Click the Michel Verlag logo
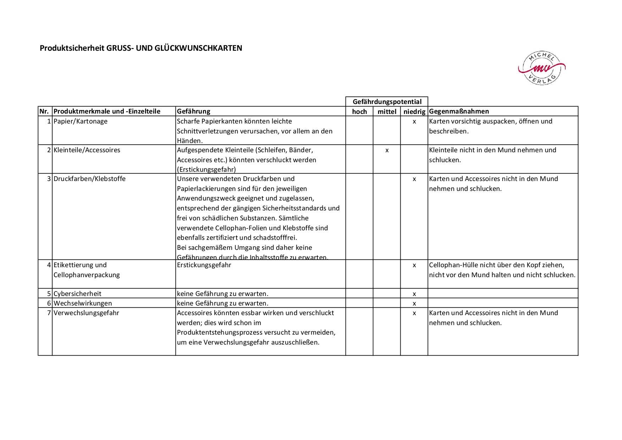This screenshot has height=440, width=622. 541,68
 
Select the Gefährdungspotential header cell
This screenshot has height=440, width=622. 387,102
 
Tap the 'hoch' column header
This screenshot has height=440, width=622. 359,111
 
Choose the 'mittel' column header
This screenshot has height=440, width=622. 387,111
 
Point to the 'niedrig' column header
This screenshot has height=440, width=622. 414,111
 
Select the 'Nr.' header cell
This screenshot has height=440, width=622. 44,111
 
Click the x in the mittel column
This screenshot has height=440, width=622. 387,150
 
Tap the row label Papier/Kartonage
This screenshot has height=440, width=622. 80,121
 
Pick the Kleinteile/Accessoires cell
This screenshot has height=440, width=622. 87,150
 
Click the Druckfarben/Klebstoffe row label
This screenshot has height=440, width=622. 89,179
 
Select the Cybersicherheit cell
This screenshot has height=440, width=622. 77,294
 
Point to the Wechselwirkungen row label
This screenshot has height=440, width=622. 83,303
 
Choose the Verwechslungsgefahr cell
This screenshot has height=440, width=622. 86,313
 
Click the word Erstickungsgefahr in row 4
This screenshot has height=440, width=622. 204,265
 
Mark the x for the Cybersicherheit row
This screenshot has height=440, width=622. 414,294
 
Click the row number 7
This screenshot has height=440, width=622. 49,313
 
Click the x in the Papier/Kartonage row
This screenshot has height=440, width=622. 414,121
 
